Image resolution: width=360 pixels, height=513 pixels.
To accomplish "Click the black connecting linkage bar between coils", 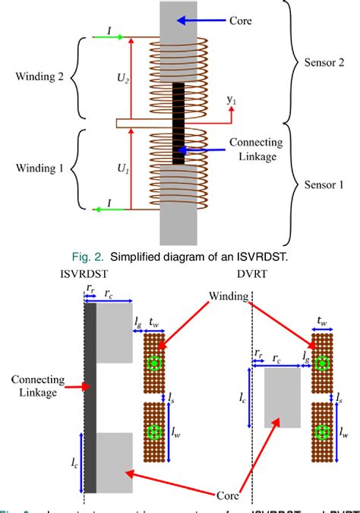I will (x=179, y=121).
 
